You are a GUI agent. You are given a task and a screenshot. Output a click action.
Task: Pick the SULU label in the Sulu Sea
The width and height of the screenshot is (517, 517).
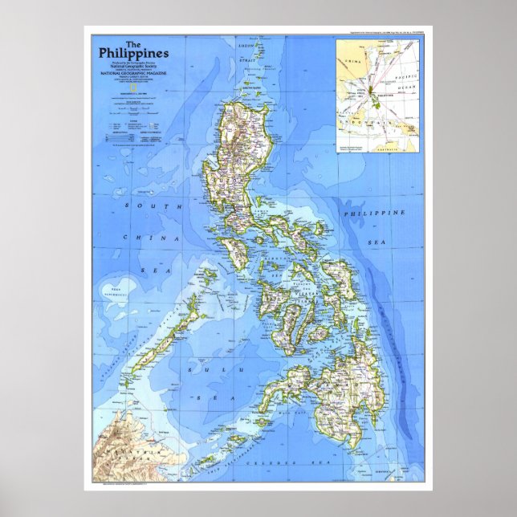[194, 368]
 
